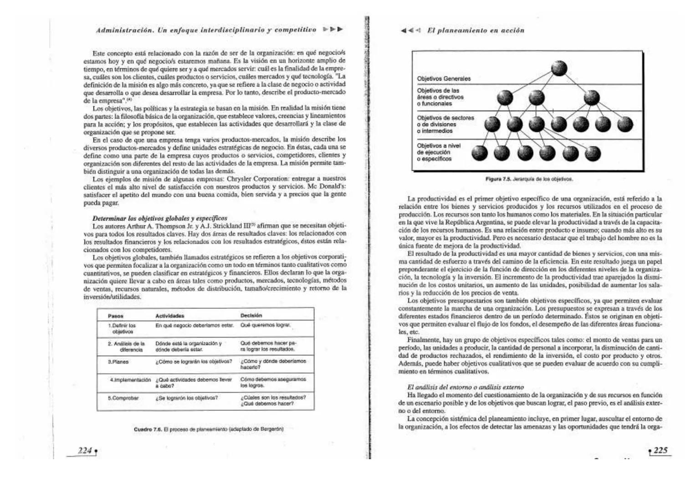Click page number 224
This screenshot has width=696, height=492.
[x=85, y=451]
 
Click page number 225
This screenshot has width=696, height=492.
[x=660, y=451]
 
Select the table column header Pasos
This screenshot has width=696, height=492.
[x=116, y=316]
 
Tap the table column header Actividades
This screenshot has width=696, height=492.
[x=170, y=316]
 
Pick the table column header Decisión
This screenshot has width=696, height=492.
[x=251, y=315]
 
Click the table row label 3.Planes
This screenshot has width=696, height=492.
[x=118, y=362]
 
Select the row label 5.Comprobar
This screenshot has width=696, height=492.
[x=123, y=398]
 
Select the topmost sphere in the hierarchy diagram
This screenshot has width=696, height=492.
[x=559, y=69]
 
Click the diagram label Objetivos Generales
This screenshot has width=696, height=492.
[x=444, y=79]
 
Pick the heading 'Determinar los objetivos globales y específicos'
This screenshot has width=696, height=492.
[x=159, y=218]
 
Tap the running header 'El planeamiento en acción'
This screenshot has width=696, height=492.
[x=476, y=31]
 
